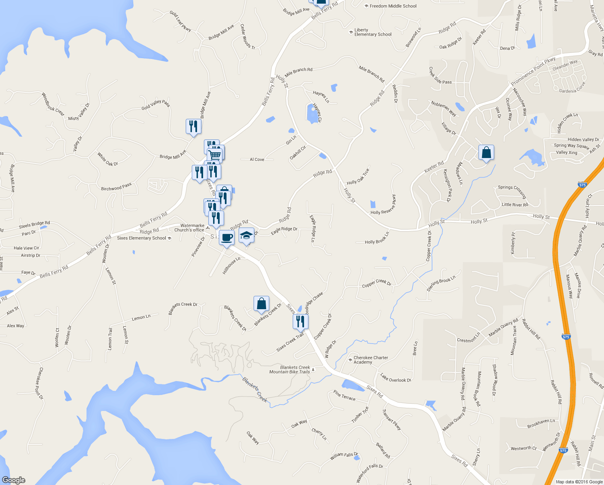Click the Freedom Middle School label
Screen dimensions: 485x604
point(393,6)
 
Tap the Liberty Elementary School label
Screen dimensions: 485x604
point(373,32)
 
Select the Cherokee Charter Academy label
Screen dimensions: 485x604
point(371,360)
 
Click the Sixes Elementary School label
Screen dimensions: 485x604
point(142,238)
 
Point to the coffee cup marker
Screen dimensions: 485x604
point(226,237)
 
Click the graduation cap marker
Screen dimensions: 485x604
point(246,235)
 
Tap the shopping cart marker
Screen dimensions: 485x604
point(215,154)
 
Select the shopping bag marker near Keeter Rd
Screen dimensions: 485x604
point(486,152)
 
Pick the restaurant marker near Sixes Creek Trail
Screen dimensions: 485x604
point(300,321)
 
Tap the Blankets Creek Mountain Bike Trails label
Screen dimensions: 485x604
point(290,369)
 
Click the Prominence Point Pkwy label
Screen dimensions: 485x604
point(533,72)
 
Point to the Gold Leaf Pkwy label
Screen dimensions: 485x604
point(180,21)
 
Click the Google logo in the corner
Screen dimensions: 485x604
point(14,480)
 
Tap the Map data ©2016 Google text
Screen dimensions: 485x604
point(579,482)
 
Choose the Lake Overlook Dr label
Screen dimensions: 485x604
point(395,378)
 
